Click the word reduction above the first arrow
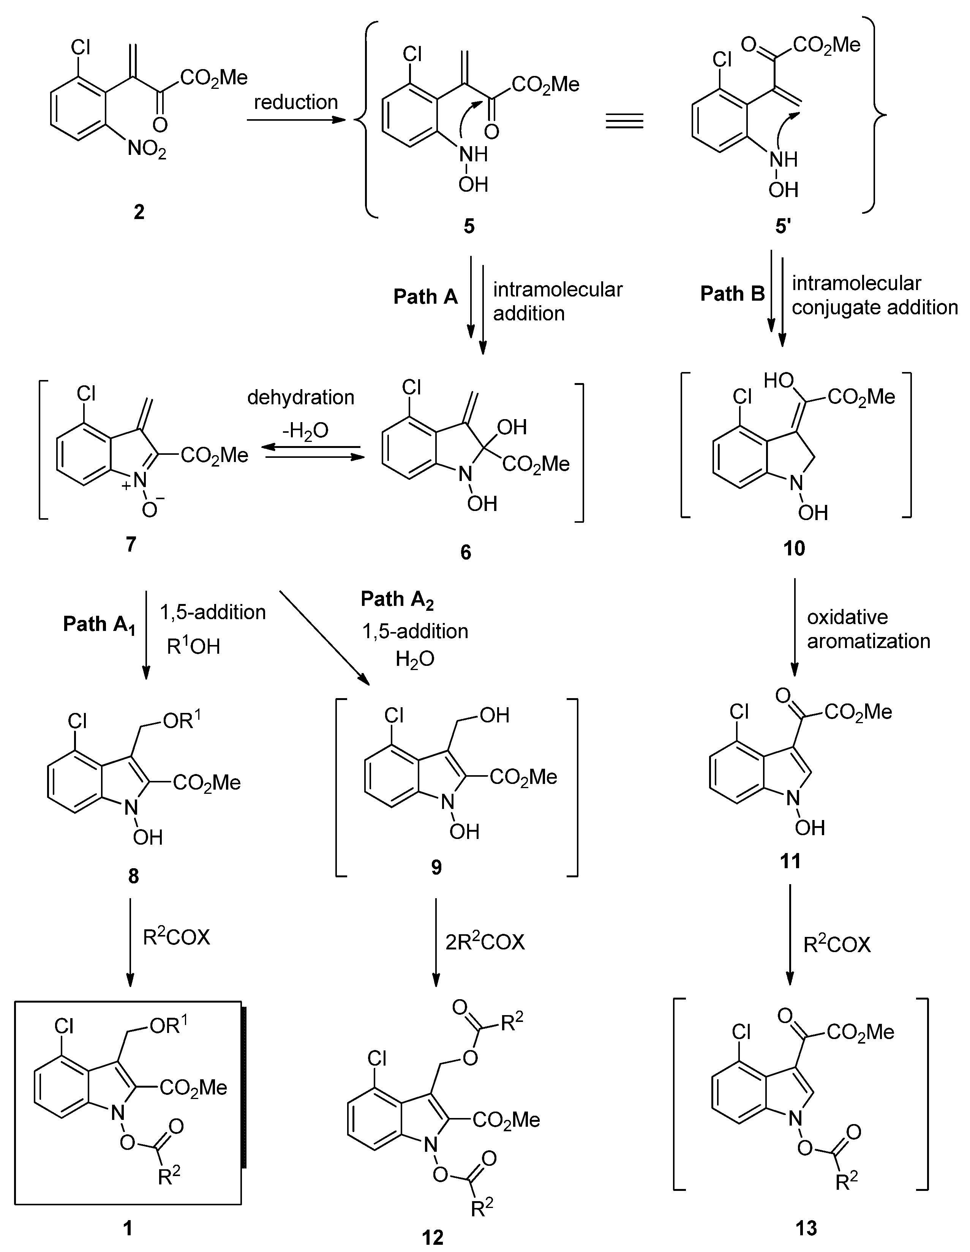click(296, 102)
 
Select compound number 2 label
click(139, 212)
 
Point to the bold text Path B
click(732, 293)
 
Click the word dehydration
click(300, 397)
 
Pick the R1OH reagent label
click(193, 646)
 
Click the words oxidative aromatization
click(868, 629)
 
